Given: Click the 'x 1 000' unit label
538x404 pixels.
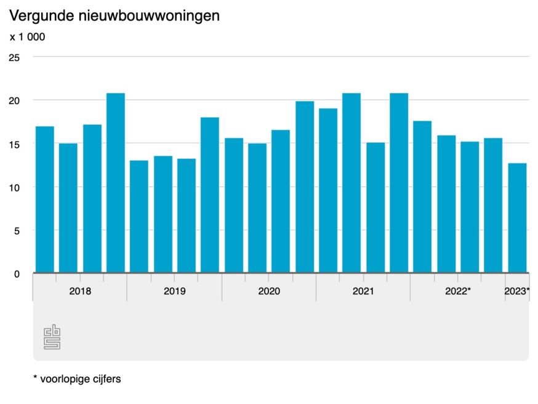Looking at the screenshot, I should [27, 37].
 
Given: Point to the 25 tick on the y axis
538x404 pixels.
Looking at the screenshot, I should [14, 57].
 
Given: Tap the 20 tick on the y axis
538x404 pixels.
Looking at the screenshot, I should [14, 100].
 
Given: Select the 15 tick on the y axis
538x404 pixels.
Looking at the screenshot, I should [14, 144].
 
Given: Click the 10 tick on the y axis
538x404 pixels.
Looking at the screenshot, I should [14, 187].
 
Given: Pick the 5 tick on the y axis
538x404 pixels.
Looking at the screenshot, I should [17, 231].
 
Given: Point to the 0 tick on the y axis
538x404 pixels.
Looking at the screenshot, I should [17, 274].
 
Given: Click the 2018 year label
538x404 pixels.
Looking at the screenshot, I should [80, 291].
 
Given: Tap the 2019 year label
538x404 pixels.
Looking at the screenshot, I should [174, 291].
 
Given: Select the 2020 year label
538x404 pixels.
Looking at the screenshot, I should [269, 291].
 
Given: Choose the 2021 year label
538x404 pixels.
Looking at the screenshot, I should [363, 291].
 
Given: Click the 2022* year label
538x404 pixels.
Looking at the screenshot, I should [458, 291].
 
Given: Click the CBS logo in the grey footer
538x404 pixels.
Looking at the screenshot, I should [52, 337].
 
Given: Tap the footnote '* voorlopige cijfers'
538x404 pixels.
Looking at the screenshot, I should [77, 379].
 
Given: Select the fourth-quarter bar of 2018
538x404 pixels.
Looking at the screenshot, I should [116, 183].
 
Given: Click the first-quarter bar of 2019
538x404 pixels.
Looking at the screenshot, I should [139, 216].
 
